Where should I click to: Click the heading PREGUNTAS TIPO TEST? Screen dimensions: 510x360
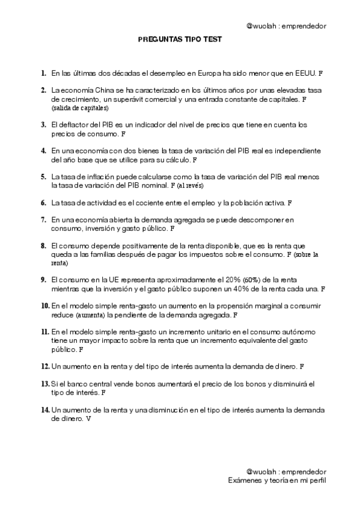[180, 39]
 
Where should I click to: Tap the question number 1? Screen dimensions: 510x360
[44, 73]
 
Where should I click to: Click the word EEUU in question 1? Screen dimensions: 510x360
[304, 73]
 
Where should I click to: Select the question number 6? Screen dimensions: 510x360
[44, 203]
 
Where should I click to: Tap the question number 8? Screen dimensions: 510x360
[44, 246]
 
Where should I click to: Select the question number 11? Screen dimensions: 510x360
[45, 332]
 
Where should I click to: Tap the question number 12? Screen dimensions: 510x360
[45, 366]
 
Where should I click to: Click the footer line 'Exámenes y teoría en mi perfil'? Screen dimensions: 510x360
[277, 481]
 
